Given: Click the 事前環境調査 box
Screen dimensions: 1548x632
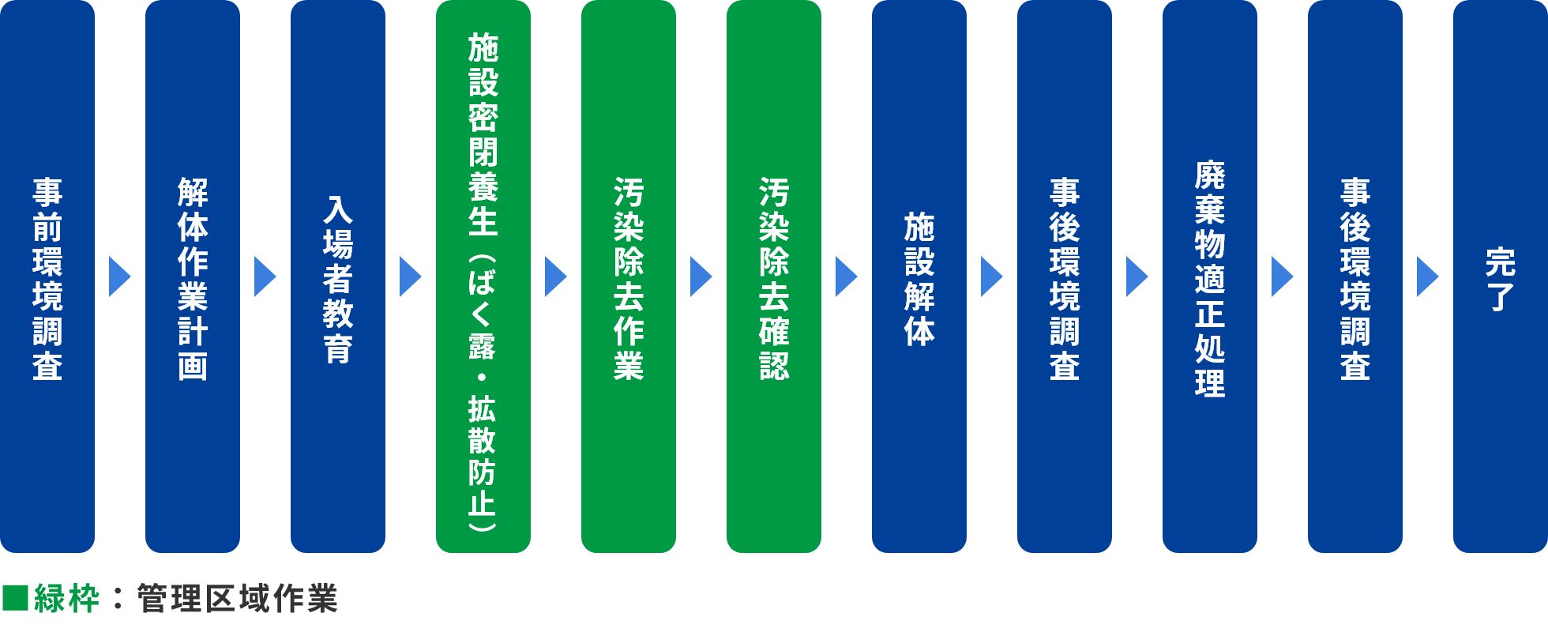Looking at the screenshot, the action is (x=47, y=276).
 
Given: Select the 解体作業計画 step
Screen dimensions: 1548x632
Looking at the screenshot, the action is (x=193, y=276).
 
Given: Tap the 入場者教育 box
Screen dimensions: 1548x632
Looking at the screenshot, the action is (x=338, y=276).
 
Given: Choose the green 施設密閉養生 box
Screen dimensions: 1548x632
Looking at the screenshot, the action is (x=483, y=276).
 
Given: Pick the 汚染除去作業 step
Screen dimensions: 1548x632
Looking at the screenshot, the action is (x=629, y=276).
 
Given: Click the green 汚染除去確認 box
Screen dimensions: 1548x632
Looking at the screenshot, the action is (x=774, y=276).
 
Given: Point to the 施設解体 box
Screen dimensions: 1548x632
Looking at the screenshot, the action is (x=919, y=276).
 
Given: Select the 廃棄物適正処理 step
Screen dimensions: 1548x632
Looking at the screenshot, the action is (x=1210, y=276).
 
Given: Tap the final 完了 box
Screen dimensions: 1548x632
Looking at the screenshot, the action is (x=1501, y=276).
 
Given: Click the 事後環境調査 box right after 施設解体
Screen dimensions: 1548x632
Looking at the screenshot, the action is (x=1065, y=276).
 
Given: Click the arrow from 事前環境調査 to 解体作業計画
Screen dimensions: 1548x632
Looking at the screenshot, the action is (x=119, y=276).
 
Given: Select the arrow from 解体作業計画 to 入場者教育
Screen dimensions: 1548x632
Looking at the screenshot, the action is (x=265, y=276).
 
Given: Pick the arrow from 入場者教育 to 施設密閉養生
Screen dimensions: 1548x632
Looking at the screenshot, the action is (x=410, y=276).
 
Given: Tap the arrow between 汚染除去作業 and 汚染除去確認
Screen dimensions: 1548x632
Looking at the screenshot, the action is (x=701, y=276).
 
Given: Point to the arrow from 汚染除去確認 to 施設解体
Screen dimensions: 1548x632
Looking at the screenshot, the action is (x=846, y=276).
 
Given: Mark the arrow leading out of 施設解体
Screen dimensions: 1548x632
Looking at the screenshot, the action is (x=991, y=276).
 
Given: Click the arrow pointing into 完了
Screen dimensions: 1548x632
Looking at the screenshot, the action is (x=1427, y=276).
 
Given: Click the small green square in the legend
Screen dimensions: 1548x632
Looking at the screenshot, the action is (x=15, y=599).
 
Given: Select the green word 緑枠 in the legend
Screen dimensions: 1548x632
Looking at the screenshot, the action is (x=66, y=599).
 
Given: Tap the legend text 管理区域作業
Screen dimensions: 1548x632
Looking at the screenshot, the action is (x=237, y=599).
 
